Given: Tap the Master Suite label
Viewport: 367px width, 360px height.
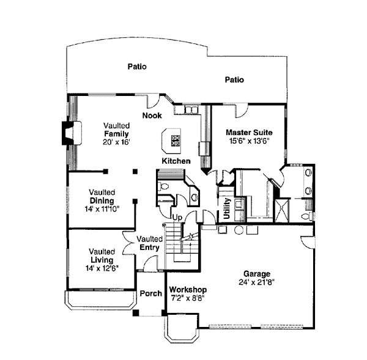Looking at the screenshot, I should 249,132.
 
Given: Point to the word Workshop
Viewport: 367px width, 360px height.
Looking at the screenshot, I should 188,290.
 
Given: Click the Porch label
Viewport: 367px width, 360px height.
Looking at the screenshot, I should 150,294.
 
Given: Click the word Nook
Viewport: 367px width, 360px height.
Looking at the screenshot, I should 152,116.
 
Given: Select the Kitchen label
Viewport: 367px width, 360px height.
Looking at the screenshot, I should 176,161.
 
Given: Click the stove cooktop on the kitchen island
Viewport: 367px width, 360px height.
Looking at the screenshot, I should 176,142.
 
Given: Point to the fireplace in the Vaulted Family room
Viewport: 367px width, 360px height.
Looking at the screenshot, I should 68,132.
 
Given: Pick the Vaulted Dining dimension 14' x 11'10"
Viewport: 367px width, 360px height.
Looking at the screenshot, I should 102,208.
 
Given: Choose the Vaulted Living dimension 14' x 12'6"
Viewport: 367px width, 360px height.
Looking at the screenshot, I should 102,268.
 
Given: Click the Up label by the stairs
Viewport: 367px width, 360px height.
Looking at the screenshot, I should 177,217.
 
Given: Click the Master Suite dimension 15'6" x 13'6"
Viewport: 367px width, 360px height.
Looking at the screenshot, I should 249,141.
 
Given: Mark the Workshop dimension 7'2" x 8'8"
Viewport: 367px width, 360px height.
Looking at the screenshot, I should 188,298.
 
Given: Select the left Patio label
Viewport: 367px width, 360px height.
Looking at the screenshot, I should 137,67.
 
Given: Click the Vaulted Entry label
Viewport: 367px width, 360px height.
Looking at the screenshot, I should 149,243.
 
